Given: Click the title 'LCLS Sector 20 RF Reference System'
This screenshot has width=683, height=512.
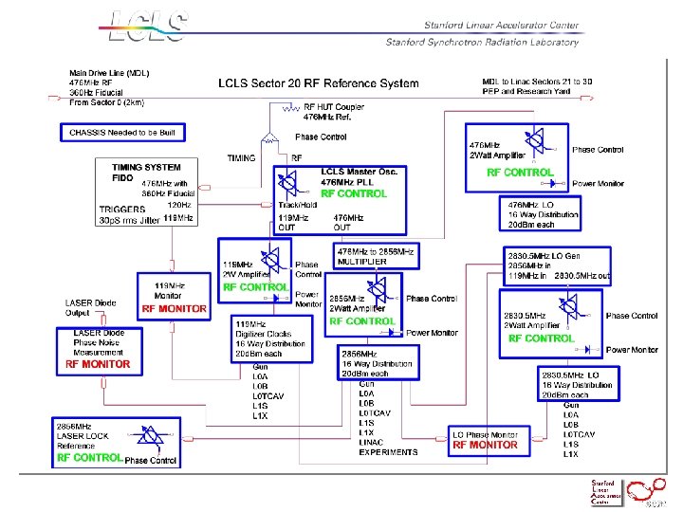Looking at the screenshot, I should tap(318, 83).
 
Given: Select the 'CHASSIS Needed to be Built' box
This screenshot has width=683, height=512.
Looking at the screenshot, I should tap(122, 132).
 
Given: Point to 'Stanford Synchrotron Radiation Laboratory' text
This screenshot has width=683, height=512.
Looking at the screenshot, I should tap(481, 42).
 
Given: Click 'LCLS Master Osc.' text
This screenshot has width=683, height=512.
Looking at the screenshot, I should tap(359, 172).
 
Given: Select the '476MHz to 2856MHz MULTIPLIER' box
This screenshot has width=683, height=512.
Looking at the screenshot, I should tap(376, 256).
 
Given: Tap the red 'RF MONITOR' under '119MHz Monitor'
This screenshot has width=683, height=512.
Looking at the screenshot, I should tap(173, 309).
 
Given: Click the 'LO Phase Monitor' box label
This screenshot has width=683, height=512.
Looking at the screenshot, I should tap(485, 434).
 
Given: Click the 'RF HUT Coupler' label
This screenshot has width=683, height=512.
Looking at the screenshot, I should tap(334, 107).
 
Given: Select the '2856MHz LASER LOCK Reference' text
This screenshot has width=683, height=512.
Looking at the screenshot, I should tap(83, 436).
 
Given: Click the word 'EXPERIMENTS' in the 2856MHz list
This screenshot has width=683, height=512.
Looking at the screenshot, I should tap(388, 452).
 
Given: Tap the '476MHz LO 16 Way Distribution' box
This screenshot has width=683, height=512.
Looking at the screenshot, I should tap(544, 215).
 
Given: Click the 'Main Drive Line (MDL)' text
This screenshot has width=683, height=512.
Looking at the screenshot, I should tap(109, 73).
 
